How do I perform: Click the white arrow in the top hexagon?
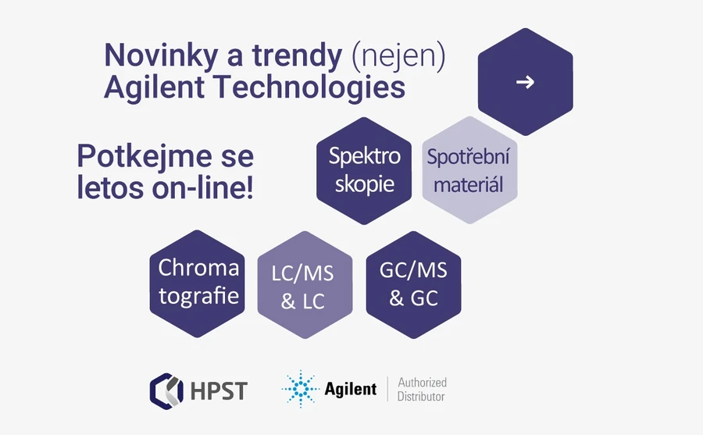point(525,81)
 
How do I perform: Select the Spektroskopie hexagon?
point(365,170)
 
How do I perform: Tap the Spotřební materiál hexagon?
point(469,170)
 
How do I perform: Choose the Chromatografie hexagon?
point(198,283)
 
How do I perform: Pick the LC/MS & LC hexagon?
point(304,287)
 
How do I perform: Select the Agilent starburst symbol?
point(300,389)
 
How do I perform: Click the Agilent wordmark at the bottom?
point(351,389)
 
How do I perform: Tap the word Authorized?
point(423,383)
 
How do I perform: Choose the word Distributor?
point(422,397)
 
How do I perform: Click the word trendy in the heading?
point(298,56)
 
